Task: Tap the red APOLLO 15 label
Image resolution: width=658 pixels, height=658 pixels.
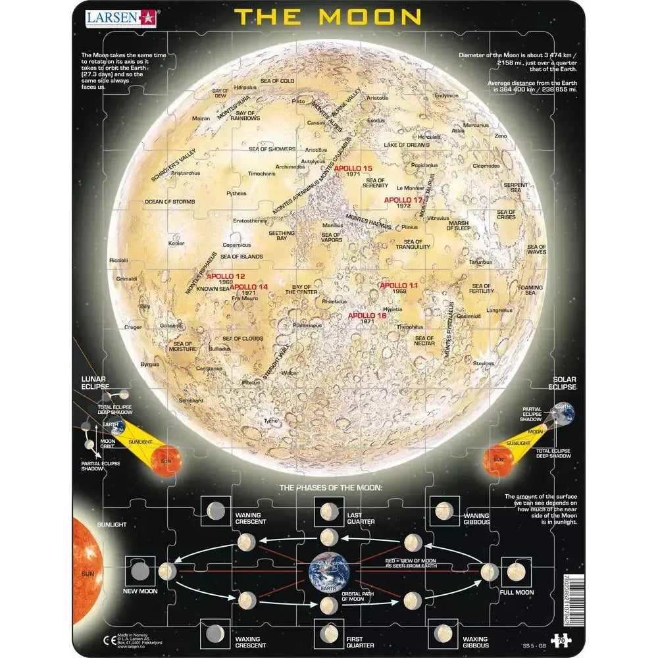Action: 353,168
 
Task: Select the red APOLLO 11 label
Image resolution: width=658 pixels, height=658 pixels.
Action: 399,285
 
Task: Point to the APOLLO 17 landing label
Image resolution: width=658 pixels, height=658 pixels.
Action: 403,199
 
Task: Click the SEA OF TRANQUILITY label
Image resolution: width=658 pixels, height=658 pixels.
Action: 413,243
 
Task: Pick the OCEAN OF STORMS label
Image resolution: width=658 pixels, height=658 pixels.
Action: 170,201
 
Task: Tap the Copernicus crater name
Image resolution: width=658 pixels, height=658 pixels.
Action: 236,245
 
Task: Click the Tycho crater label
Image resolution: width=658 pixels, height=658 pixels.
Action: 270,420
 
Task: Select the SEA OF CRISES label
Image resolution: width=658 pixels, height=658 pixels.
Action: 507,214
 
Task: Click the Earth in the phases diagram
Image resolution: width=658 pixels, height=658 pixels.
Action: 327,571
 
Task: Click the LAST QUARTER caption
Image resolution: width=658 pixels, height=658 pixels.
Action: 361,518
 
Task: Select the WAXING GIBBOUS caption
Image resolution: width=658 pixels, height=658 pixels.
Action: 474,642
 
